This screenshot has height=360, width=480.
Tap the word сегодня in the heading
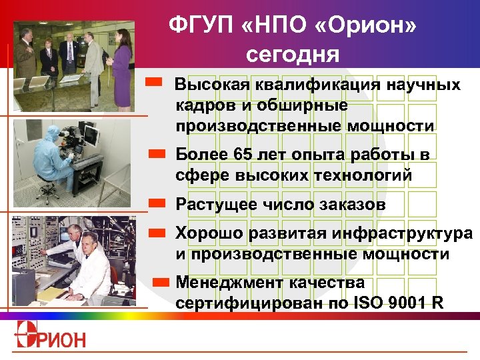pos(293,53)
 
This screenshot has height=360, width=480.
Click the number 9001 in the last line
pos(405,301)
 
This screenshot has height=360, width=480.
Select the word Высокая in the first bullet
pos(210,85)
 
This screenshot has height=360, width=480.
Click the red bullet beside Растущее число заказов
pos(157,201)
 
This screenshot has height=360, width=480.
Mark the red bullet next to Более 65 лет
pos(157,153)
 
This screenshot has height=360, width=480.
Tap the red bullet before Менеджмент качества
pos(161,282)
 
